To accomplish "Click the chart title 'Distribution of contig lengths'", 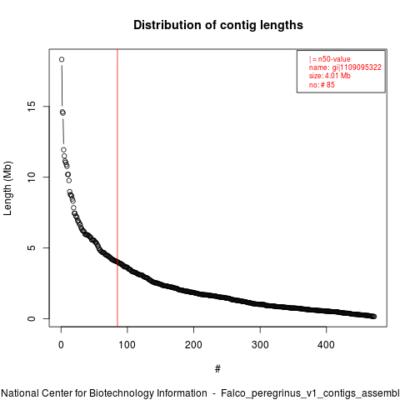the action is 218,25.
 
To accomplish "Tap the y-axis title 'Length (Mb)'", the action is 7,188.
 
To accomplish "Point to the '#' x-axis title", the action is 217,369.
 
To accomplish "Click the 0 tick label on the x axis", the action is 61,345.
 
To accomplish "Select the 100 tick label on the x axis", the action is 127,345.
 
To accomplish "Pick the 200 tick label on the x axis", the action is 193,345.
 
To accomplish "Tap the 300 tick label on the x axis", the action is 260,345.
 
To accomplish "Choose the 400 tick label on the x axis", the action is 326,345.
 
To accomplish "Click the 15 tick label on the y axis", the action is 32,107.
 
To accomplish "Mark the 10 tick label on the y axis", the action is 32,177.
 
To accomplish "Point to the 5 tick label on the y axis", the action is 32,247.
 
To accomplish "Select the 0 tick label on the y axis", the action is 32,318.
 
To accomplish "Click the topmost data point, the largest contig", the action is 62,59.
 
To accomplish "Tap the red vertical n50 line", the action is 117,187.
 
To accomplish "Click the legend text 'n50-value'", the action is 334,59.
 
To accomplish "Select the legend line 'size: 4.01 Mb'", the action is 330,76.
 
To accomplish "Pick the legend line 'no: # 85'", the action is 322,85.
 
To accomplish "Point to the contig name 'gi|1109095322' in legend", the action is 357,67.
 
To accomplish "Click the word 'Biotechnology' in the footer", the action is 148,393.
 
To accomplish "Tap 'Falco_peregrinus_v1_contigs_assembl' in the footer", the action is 310,394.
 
